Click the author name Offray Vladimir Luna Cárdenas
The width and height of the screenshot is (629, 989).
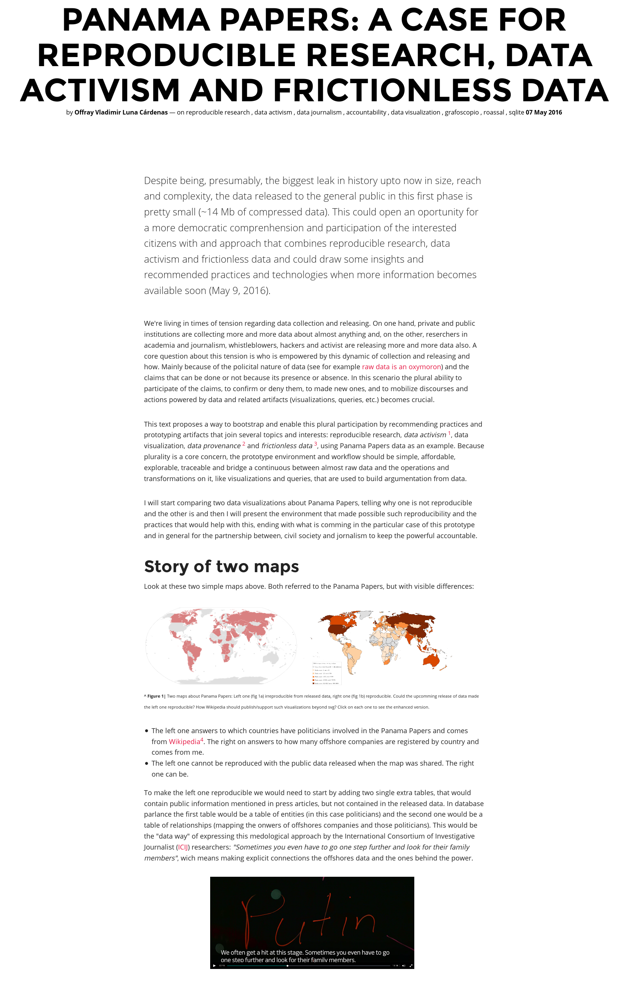(x=121, y=113)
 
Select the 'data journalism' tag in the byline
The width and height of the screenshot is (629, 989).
(x=319, y=113)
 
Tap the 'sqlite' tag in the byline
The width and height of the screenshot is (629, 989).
(x=516, y=113)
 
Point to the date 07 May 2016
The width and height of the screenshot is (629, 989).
(x=544, y=113)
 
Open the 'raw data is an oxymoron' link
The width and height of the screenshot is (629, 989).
(x=401, y=367)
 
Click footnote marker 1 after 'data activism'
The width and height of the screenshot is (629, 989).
(x=449, y=433)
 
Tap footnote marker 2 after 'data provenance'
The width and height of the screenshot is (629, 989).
(x=244, y=444)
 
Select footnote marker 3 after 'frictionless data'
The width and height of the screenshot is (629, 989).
(x=316, y=444)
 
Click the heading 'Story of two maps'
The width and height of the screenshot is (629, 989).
(x=221, y=566)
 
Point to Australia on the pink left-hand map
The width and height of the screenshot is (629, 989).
(x=270, y=658)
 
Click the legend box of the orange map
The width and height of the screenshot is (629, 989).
(x=327, y=673)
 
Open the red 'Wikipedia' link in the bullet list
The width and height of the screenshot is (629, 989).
(x=184, y=742)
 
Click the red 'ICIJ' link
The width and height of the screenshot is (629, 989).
(x=183, y=847)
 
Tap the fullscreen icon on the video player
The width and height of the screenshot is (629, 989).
(x=411, y=966)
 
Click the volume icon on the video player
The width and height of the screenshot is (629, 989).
(x=403, y=966)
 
